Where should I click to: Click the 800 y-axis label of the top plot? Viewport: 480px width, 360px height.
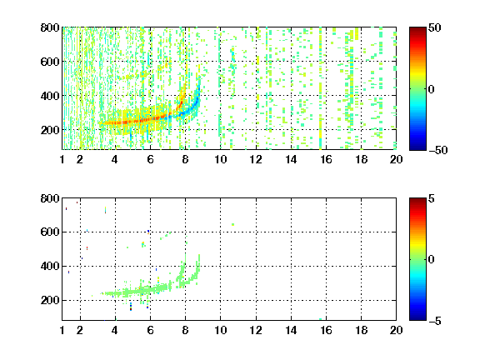(50, 27)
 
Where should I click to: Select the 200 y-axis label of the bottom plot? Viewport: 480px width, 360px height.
(50, 300)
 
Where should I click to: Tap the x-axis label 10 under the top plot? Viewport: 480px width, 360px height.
(220, 159)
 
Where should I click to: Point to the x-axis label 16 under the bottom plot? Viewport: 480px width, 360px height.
(326, 330)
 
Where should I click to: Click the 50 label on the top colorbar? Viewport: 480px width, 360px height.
(434, 27)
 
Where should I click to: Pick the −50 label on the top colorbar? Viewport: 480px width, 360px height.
(438, 150)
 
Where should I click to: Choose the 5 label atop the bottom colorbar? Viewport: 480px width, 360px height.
(432, 198)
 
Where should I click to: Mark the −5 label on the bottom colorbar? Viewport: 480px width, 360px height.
(435, 321)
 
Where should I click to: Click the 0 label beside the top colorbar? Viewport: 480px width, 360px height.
(432, 89)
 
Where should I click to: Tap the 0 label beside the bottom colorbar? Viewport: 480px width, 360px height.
(432, 260)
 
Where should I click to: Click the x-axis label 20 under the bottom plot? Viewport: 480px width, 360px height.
(396, 330)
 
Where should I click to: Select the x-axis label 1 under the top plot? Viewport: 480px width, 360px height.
(62, 159)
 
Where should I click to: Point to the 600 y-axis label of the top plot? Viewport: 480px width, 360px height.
(50, 62)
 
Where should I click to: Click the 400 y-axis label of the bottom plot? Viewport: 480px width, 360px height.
(50, 266)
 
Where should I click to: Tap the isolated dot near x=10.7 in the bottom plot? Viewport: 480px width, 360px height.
(233, 225)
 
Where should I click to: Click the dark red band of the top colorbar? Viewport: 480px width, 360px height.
(417, 30)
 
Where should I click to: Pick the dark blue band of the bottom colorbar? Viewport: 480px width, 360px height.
(417, 317)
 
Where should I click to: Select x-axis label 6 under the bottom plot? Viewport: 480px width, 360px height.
(150, 330)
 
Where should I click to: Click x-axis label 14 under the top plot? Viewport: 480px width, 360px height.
(291, 159)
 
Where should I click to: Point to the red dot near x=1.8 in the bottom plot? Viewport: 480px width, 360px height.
(77, 202)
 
